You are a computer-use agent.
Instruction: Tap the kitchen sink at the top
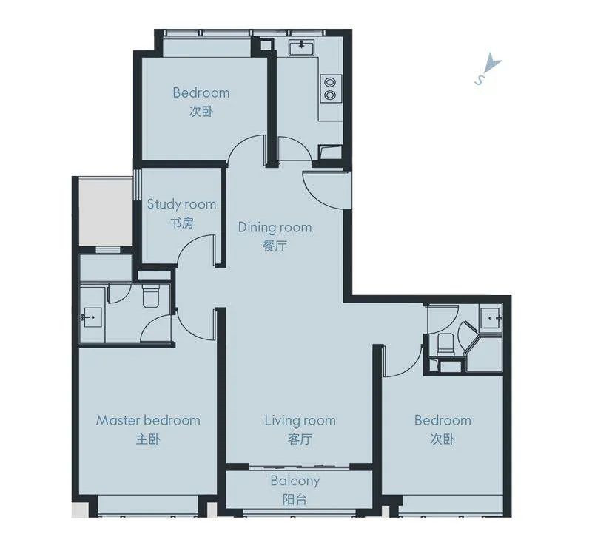[x=302, y=48]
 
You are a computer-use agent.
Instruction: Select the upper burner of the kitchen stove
[x=330, y=82]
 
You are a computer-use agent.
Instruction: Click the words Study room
[x=181, y=204]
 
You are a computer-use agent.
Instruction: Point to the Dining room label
[x=275, y=227]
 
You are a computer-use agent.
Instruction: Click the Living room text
[x=300, y=420]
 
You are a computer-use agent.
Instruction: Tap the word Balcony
[x=295, y=481]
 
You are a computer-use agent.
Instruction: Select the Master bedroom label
[x=148, y=420]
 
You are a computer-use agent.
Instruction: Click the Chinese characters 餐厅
[x=275, y=246]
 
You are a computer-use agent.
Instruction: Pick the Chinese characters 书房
[x=181, y=223]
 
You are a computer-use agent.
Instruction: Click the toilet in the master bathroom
[x=152, y=295]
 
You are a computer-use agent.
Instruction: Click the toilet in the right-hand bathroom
[x=445, y=344]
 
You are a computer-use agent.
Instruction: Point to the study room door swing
[x=195, y=247]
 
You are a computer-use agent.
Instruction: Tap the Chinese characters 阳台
[x=295, y=500]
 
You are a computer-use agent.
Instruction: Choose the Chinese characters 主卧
[x=148, y=439]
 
